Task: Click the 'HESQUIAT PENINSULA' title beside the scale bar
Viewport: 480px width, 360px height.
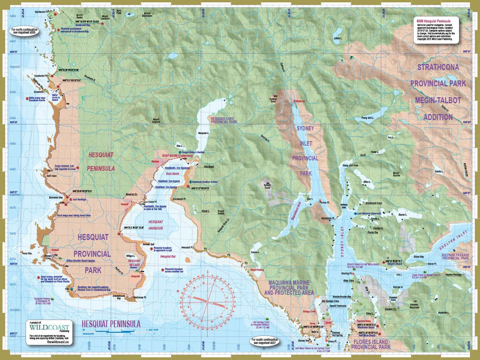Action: tap(111, 324)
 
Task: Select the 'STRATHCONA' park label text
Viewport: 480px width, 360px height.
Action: tap(438, 67)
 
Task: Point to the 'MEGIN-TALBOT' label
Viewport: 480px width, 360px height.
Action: tap(438, 100)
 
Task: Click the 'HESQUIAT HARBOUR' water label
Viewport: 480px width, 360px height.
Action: tap(156, 225)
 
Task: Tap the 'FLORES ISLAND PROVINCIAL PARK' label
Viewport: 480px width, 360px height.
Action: tap(370, 345)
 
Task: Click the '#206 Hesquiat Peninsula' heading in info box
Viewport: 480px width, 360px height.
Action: tap(433, 20)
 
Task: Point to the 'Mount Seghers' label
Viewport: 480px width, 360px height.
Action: tap(156, 121)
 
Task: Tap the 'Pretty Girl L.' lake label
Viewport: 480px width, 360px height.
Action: tap(367, 118)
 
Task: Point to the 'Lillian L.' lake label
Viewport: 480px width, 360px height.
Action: tap(338, 38)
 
